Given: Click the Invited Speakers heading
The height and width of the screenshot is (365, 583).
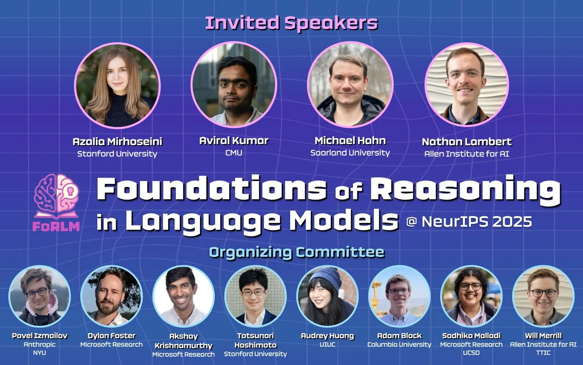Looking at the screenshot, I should click(291, 23).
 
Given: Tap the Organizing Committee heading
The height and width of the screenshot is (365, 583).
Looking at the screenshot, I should click(296, 252).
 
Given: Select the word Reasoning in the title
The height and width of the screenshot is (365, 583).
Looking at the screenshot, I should click(469, 190).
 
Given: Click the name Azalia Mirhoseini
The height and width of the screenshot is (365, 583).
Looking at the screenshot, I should click(117, 142).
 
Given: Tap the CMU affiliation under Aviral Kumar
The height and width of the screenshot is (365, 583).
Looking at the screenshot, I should click(234, 153).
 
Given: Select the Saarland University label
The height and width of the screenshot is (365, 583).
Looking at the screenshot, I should click(350, 153).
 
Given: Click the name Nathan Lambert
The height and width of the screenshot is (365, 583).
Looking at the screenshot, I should click(466, 142).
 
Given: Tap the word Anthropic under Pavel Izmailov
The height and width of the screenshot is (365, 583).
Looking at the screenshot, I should click(39, 345).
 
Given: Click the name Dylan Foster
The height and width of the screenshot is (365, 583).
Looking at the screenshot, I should click(111, 336).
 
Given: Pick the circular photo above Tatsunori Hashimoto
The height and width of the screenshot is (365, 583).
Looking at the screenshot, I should click(255, 296).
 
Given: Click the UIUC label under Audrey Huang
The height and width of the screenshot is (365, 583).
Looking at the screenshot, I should click(327, 345).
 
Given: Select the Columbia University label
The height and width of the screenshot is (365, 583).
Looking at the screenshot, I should click(399, 345).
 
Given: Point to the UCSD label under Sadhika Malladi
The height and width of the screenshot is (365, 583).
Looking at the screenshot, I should click(471, 353).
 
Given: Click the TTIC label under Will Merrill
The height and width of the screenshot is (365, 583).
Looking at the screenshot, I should click(543, 353).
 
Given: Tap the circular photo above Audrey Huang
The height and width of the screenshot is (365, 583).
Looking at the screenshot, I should click(327, 296).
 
